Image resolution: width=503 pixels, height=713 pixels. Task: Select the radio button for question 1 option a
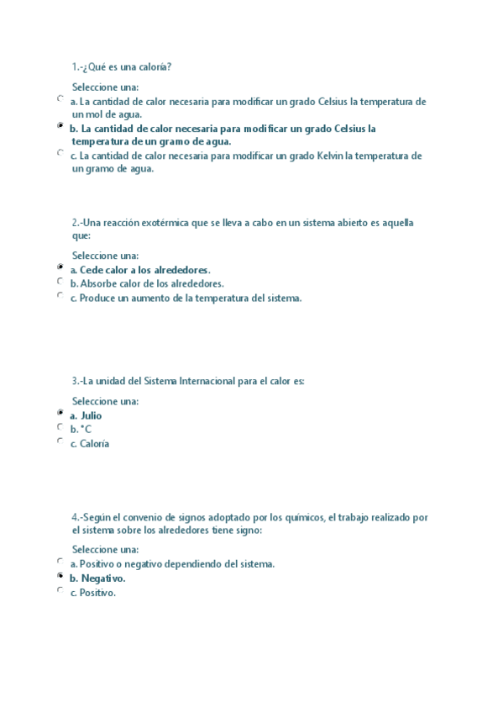pos(60,98)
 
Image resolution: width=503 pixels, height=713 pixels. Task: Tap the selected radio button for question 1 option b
pos(60,125)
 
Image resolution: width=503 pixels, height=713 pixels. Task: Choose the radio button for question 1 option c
pos(60,152)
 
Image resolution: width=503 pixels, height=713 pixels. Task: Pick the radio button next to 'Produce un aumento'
pos(60,295)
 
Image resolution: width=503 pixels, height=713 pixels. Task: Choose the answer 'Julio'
pos(91,415)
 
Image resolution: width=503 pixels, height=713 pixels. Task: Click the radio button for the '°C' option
pos(60,426)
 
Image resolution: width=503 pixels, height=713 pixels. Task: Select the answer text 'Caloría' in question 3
pos(95,444)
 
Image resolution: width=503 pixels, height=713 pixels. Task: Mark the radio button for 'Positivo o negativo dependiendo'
pos(60,561)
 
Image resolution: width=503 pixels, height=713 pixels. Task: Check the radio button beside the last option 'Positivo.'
pos(60,590)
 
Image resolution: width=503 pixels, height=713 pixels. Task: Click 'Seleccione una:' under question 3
pos(105,401)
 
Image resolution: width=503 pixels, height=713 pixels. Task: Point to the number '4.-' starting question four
pos(77,517)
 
